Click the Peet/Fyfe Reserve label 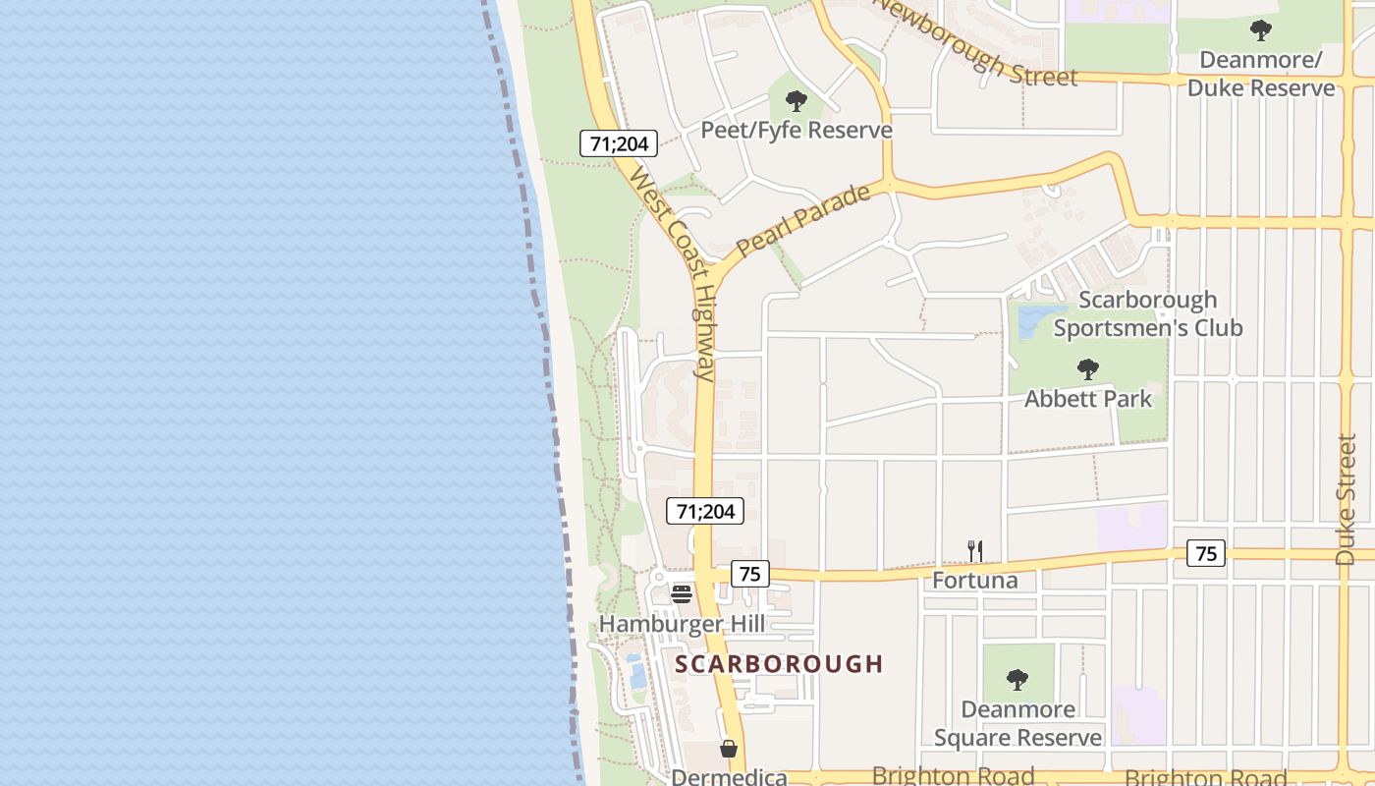point(796,130)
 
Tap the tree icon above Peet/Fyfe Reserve point(797,100)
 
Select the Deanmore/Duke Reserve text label point(1261,74)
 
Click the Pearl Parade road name point(803,220)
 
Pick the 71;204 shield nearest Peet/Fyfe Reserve point(619,143)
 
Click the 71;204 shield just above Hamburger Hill point(705,511)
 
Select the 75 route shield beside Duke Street point(1206,553)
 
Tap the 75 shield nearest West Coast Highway point(749,574)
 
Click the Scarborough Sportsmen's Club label point(1147,313)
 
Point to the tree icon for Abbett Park point(1087,369)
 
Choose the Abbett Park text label point(1088,399)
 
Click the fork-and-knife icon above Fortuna point(974,550)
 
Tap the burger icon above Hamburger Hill point(681,593)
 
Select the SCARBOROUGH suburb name point(780,664)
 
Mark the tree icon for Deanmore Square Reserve point(1017,679)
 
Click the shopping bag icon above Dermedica point(729,749)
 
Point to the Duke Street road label point(1346,499)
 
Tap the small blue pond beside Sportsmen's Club point(1028,321)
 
